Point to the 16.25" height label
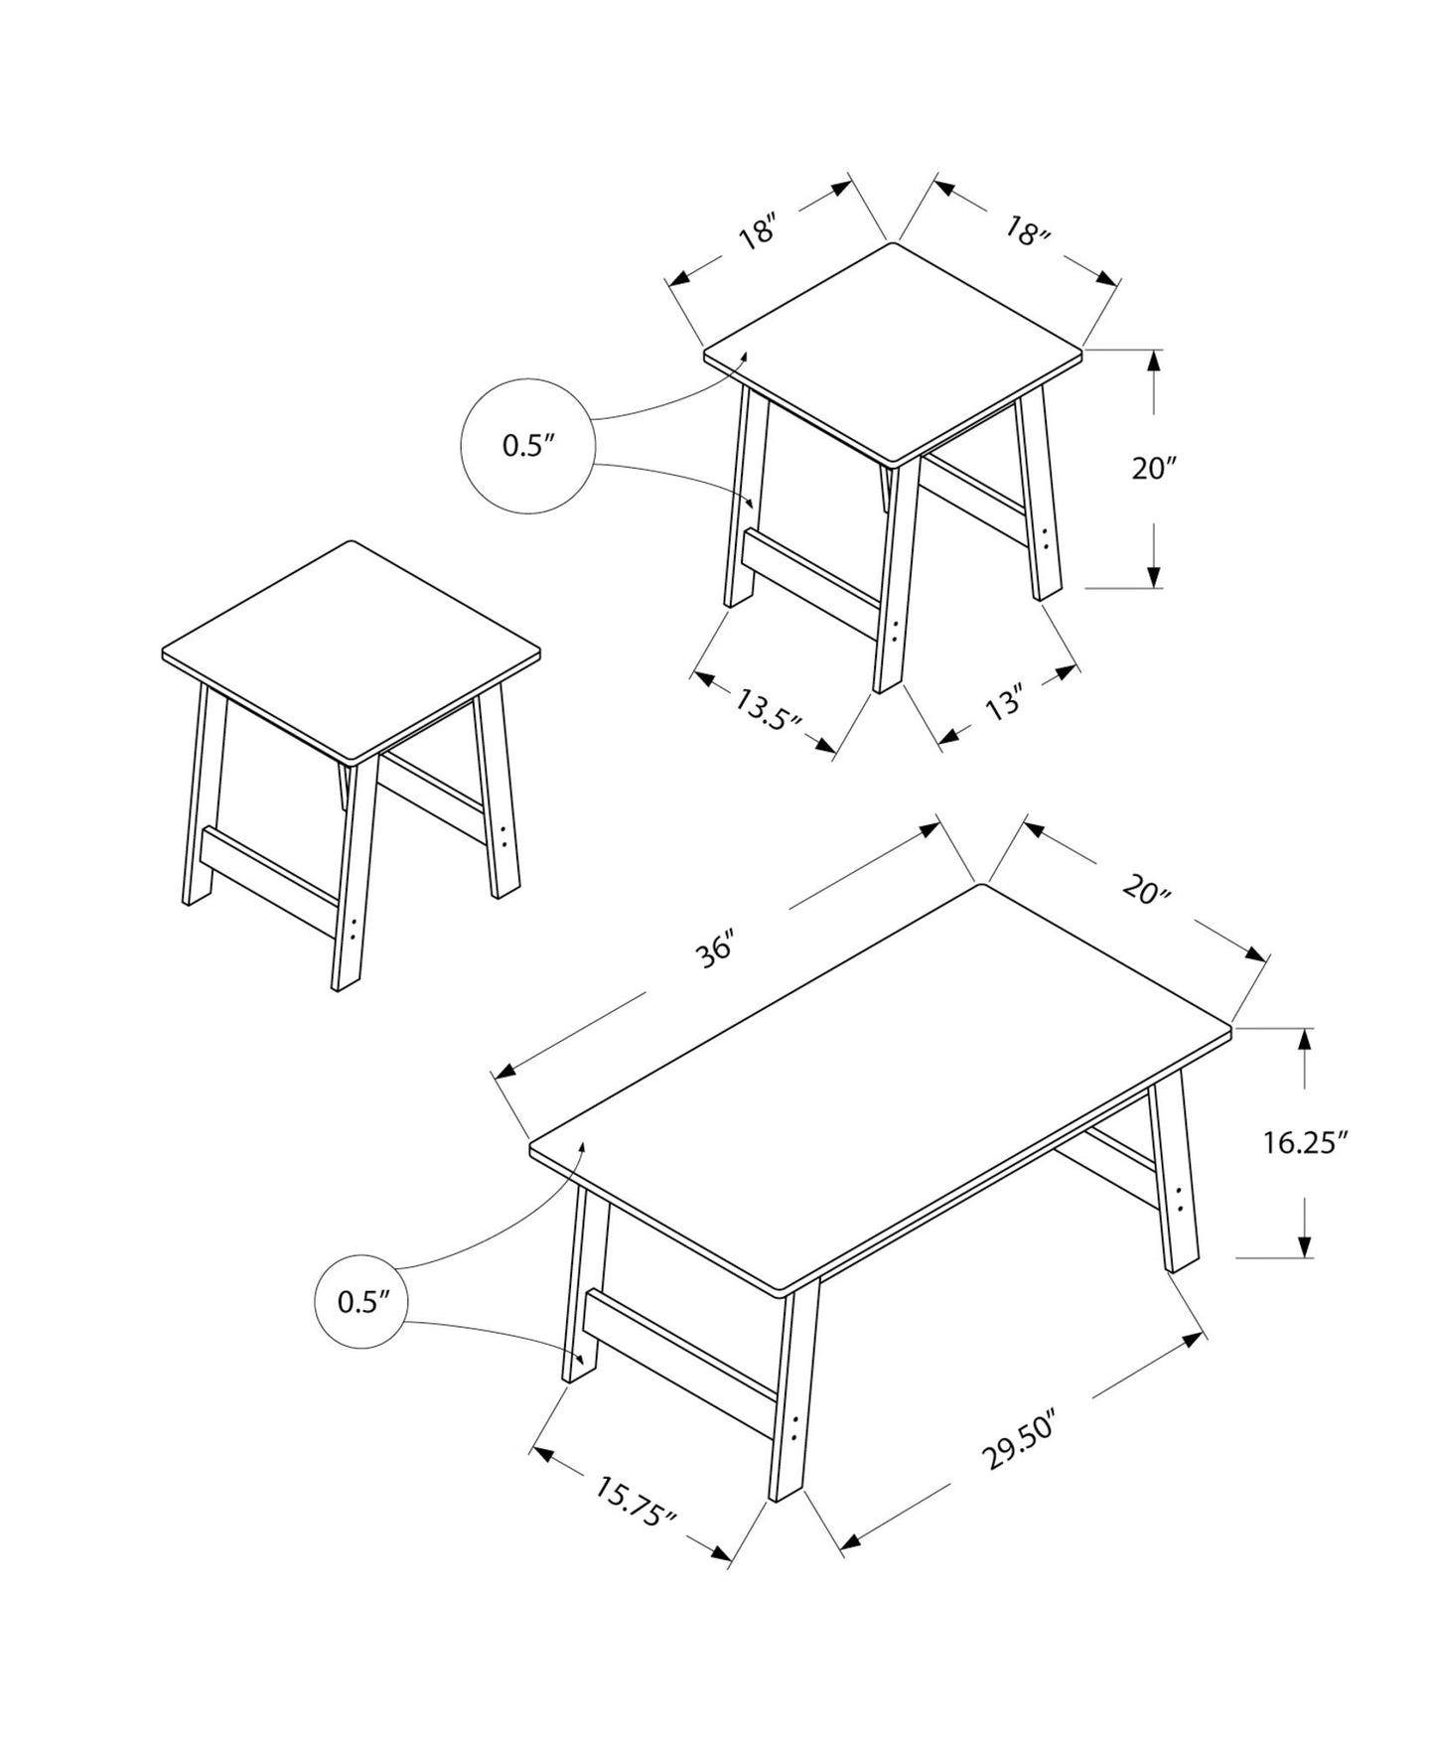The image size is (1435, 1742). click(1305, 1143)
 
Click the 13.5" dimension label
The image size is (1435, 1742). click(768, 708)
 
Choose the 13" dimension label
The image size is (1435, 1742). click(1003, 705)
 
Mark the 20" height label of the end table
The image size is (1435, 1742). click(1154, 468)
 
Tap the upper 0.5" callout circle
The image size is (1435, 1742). click(526, 446)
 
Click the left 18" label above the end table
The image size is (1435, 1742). click(756, 235)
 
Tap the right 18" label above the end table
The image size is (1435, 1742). click(1027, 232)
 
